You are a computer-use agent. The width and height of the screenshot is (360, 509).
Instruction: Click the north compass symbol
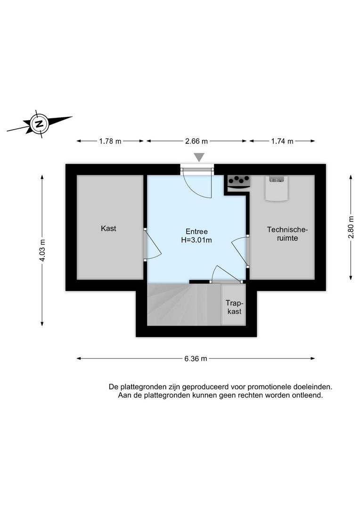click(x=40, y=124)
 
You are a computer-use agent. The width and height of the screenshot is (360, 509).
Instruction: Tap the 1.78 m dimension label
click(x=110, y=141)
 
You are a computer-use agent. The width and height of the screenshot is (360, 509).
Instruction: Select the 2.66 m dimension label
click(x=196, y=141)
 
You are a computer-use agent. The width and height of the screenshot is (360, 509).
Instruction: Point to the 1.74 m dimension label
click(x=282, y=141)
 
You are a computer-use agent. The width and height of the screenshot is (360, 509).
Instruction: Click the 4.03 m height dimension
click(x=42, y=250)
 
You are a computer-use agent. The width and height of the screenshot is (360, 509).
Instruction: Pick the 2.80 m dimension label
click(x=351, y=227)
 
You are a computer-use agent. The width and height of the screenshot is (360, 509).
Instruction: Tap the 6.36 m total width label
click(x=196, y=359)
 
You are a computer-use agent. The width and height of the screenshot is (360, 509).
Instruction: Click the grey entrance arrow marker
click(x=200, y=157)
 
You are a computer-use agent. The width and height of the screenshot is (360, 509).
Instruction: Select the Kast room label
click(x=108, y=229)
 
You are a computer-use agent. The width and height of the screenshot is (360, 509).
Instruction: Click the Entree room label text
click(x=196, y=231)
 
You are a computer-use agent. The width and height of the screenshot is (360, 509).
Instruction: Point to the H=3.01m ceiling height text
click(x=196, y=240)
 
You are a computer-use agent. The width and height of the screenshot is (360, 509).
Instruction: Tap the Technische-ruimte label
click(x=287, y=234)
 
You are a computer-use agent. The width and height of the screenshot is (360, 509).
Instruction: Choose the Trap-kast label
click(x=234, y=307)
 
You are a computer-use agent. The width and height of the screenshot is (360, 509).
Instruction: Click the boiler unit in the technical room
click(x=276, y=189)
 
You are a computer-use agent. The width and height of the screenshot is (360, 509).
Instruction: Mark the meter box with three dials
click(x=238, y=182)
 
